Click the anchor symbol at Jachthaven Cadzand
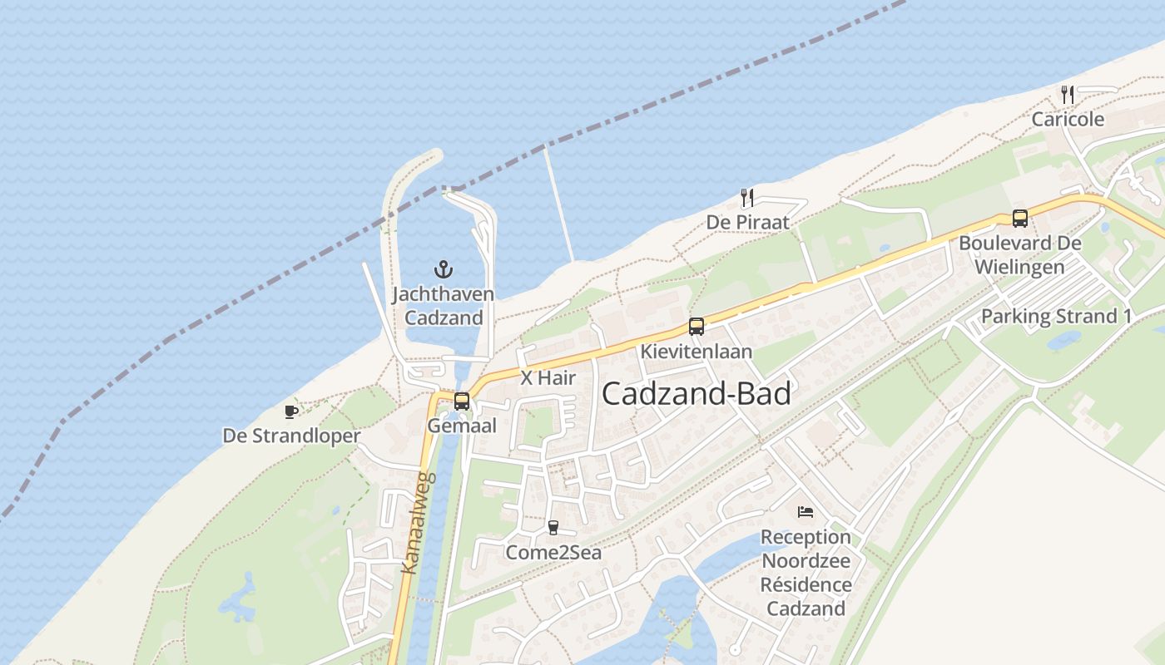[x=444, y=269]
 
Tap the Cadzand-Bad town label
[x=696, y=393]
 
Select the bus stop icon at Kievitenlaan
[x=697, y=327]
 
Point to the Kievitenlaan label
[x=696, y=352]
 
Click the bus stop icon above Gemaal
[x=462, y=401]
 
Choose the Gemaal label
[x=462, y=426]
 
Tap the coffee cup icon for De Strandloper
[x=291, y=411]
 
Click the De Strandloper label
[x=291, y=436]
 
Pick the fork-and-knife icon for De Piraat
[x=747, y=198]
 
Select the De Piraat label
[x=747, y=223]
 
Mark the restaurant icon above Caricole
[x=1068, y=94]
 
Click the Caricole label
[x=1068, y=119]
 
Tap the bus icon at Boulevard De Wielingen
[x=1019, y=219]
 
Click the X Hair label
[x=548, y=377]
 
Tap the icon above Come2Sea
[x=553, y=528]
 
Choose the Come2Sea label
[x=553, y=553]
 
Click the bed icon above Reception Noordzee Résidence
[x=806, y=511]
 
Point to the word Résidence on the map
[x=806, y=584]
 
